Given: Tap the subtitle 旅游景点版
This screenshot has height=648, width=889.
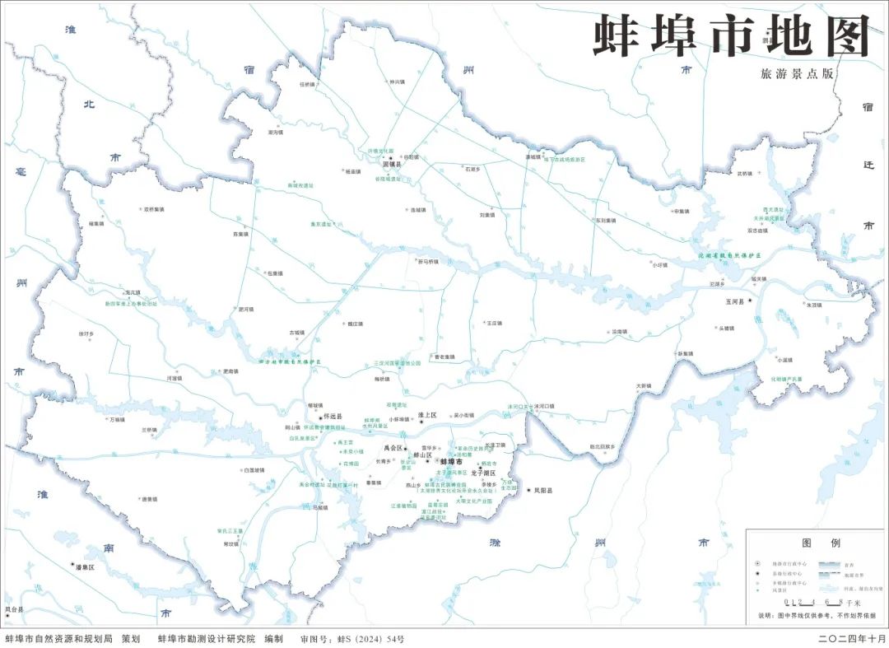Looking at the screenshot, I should tap(798, 73).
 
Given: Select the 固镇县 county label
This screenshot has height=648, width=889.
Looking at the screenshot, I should tap(403, 165).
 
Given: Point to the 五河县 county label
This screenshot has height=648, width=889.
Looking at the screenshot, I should tap(734, 302).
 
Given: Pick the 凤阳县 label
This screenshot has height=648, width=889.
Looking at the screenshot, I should tap(543, 490).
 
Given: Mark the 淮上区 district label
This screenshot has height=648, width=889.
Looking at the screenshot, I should tap(426, 416).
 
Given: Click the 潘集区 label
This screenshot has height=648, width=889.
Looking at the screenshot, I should tap(86, 567).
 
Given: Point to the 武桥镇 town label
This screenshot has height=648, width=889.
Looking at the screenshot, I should tap(744, 174).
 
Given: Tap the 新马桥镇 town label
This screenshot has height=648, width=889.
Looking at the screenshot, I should tap(428, 262).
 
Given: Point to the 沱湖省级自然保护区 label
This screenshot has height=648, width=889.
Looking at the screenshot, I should tap(724, 257).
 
